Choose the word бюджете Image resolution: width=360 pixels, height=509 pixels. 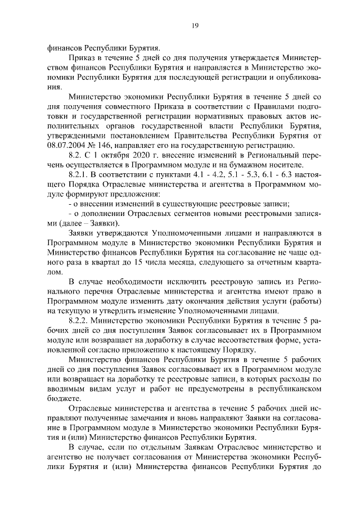click(x=62, y=398)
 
